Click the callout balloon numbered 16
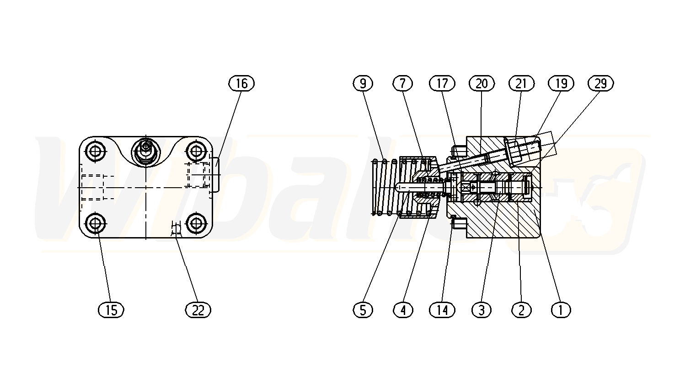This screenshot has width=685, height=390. (241, 83)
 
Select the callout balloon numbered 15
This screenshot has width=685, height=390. (111, 310)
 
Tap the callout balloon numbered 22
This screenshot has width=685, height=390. (198, 310)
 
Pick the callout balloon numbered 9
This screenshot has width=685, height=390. (363, 83)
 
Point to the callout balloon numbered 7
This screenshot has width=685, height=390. (403, 83)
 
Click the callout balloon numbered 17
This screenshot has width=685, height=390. (442, 83)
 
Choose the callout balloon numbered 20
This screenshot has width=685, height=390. (482, 83)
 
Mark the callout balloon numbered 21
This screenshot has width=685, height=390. (521, 83)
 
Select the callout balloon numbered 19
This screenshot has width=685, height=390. (561, 83)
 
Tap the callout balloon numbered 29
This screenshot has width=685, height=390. (600, 83)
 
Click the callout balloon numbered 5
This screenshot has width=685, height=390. (363, 310)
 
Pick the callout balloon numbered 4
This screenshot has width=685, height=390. (403, 310)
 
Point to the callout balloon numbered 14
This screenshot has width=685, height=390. (442, 310)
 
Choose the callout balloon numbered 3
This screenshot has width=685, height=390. (482, 310)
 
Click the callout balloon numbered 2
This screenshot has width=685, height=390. (521, 310)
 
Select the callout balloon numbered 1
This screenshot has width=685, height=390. (561, 310)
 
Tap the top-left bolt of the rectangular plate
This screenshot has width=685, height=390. (96, 151)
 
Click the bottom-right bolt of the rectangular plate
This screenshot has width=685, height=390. (196, 224)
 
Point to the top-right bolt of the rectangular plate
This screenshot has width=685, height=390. (196, 151)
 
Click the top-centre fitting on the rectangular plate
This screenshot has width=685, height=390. (146, 151)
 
